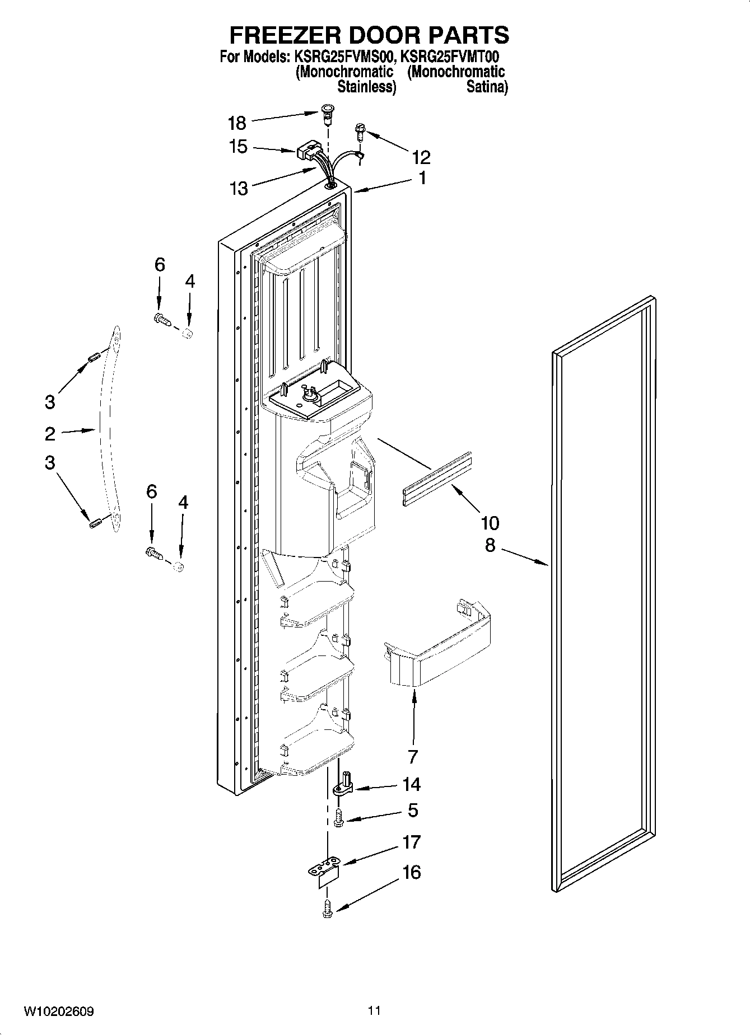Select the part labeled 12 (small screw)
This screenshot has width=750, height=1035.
360,133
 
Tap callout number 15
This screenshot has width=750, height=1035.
238,147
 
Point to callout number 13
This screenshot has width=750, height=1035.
239,188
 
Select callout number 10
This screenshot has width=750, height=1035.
490,523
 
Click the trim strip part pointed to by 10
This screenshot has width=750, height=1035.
437,479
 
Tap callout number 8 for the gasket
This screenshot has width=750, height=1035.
490,545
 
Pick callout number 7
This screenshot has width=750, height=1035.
413,756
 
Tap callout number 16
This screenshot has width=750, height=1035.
412,872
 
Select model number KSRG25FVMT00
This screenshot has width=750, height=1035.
450,57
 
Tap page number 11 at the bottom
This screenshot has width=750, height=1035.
374,1010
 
